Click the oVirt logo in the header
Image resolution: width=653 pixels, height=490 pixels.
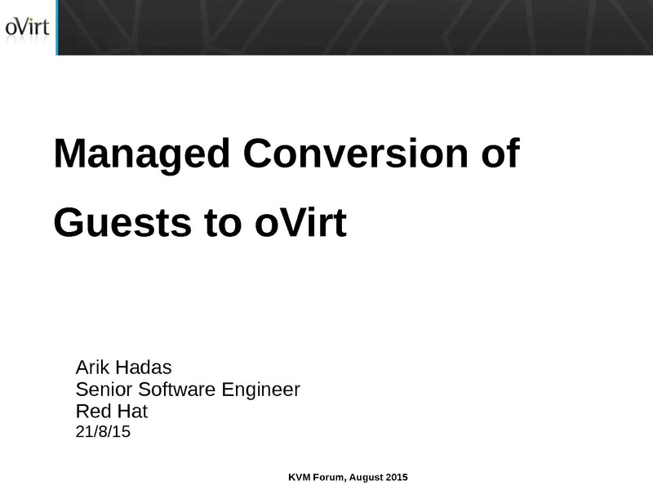(x=28, y=29)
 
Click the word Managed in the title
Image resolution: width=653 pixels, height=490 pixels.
(x=142, y=154)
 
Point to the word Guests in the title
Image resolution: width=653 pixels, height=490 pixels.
(x=122, y=222)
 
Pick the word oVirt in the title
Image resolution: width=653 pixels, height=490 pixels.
(x=300, y=222)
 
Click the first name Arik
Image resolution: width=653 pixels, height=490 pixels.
(x=92, y=367)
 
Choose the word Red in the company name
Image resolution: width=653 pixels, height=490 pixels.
(x=93, y=411)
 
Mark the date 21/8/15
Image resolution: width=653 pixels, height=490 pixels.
(x=103, y=431)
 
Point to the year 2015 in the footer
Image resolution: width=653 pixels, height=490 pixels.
(x=397, y=477)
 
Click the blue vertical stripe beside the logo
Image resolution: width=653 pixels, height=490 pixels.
(x=56, y=28)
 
